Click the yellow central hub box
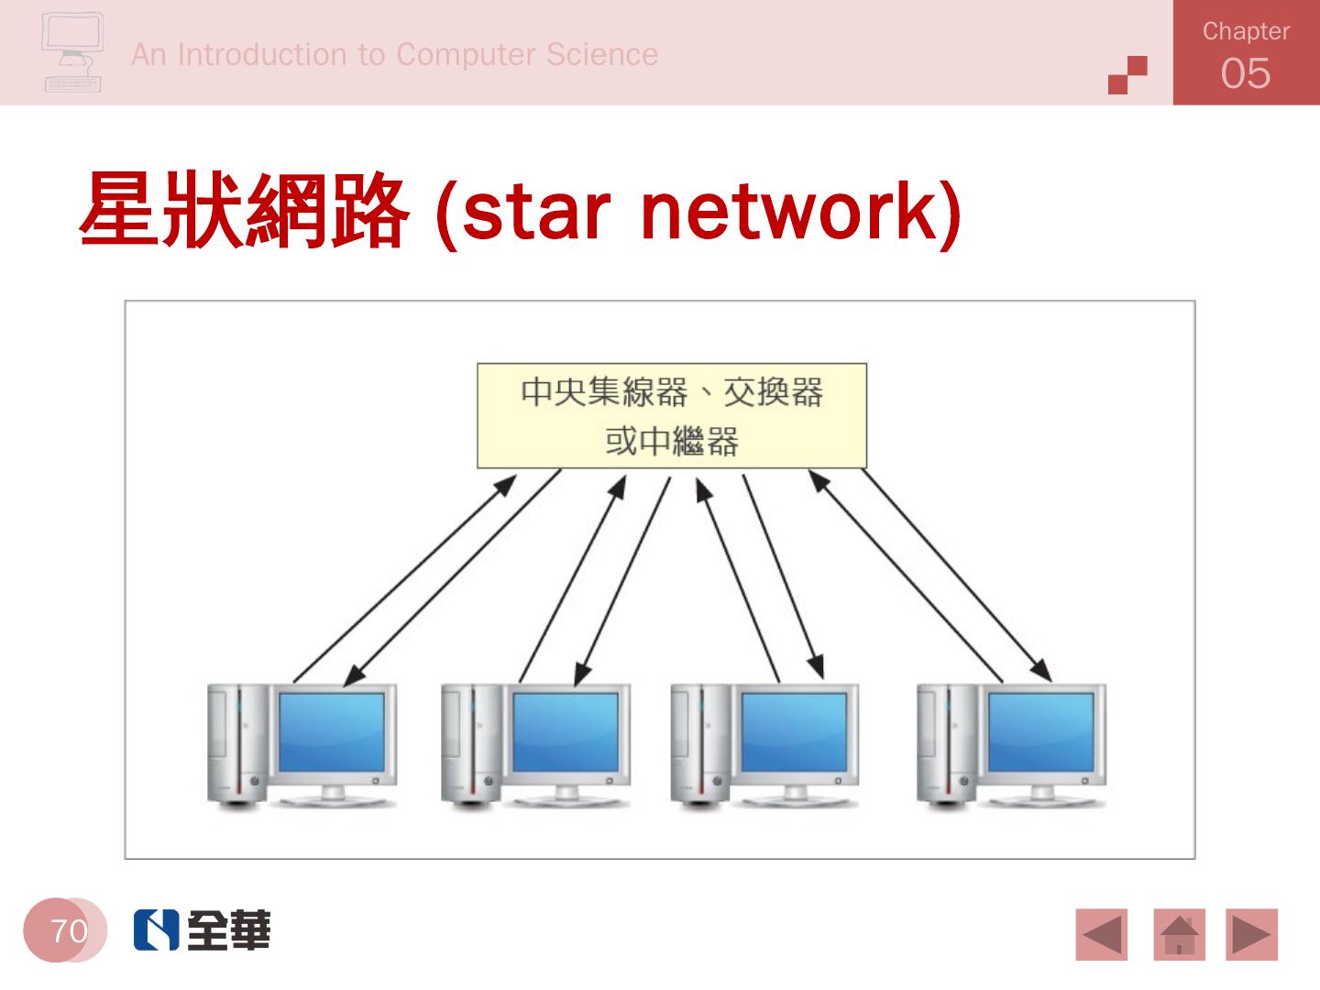point(671,416)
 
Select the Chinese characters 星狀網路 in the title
point(244,211)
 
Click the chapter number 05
point(1245,73)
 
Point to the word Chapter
point(1245,31)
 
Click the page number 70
point(69,931)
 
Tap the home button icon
point(1179,935)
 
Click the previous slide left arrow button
point(1102,935)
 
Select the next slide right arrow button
point(1251,935)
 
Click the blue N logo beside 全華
point(156,930)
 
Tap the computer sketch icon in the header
point(72,53)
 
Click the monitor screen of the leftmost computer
point(332,732)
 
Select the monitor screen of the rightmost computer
point(1041,732)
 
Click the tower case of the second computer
point(471,744)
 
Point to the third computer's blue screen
point(794,732)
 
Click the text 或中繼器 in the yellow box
point(671,442)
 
